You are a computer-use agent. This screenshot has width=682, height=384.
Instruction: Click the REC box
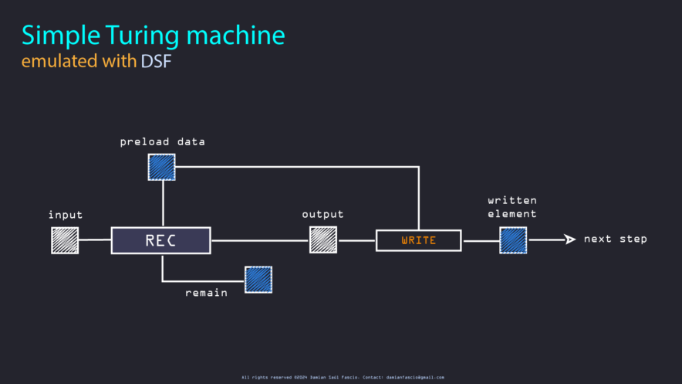tap(161, 240)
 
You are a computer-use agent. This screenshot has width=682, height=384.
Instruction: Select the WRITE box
tap(418, 240)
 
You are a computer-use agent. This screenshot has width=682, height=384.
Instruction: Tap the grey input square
tap(65, 240)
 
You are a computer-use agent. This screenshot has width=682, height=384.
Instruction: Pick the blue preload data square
tap(162, 167)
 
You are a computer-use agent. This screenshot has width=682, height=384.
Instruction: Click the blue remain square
tap(258, 280)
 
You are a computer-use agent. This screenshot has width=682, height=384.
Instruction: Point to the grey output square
tap(323, 240)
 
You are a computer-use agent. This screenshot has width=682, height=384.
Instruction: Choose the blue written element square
tap(513, 240)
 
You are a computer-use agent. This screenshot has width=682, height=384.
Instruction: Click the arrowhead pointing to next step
tap(570, 239)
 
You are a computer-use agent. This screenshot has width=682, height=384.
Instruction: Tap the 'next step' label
tap(616, 239)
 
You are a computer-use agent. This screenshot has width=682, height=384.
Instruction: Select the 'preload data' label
tap(162, 142)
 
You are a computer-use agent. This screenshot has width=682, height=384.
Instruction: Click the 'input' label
tap(66, 215)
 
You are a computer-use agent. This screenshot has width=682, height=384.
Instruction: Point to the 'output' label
tap(322, 214)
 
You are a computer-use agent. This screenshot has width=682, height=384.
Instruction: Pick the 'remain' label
tap(206, 293)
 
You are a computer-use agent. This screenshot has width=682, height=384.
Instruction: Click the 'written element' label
tap(512, 207)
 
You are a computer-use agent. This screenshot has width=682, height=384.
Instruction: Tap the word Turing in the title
tap(142, 36)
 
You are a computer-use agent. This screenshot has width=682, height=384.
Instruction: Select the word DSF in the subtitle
tap(156, 61)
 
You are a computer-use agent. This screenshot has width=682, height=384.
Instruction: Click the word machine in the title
tap(236, 36)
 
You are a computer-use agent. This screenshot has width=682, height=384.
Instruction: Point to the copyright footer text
tap(343, 378)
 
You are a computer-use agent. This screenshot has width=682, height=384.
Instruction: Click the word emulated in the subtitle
tap(59, 61)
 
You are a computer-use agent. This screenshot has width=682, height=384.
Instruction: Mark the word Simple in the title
tap(61, 36)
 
